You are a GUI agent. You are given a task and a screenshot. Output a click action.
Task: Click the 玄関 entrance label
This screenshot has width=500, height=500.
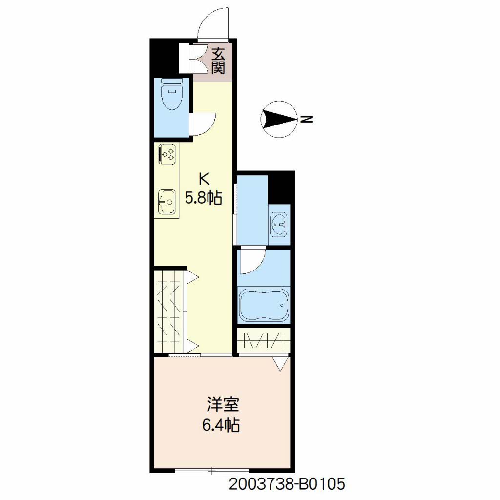(218, 61)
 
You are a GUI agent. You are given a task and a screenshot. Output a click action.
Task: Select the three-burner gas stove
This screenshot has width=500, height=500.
(167, 154)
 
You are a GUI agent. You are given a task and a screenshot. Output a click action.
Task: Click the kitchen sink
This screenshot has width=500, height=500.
(167, 202)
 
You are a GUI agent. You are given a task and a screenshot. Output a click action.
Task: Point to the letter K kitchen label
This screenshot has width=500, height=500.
(204, 179)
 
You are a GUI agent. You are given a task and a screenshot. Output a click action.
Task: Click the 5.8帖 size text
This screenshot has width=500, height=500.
(204, 198)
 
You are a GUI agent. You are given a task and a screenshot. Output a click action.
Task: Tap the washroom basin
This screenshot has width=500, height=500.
(279, 225)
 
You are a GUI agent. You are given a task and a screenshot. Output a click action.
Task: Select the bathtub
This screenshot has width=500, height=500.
(264, 306)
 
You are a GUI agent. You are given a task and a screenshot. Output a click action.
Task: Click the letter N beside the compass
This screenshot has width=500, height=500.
(307, 119)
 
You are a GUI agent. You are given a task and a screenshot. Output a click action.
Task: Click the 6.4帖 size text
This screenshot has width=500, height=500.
(221, 425)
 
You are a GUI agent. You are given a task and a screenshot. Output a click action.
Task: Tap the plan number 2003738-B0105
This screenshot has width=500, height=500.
(287, 484)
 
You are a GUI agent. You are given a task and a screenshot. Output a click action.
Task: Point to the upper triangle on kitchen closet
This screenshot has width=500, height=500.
(192, 277)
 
